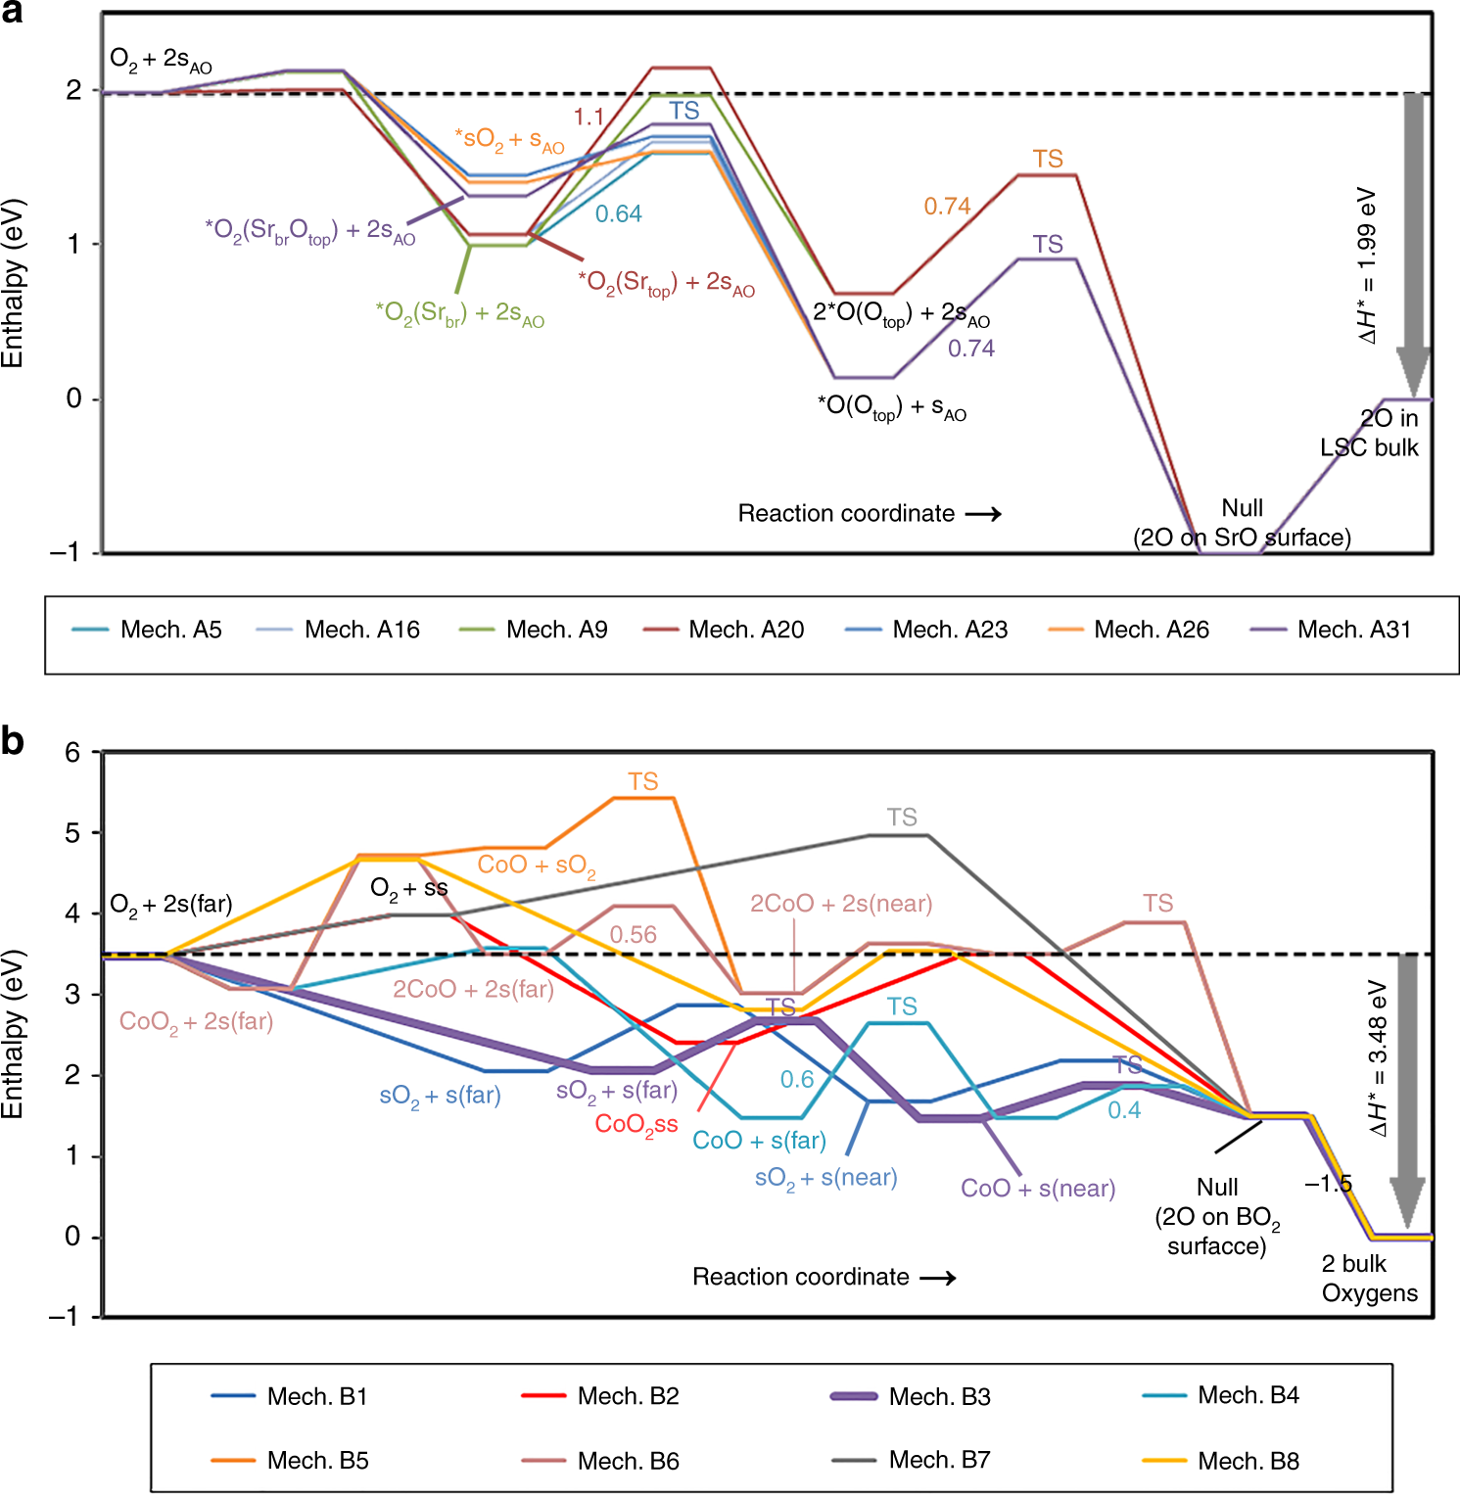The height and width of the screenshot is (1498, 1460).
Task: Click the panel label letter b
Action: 13,741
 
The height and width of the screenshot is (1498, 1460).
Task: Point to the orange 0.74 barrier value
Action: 947,207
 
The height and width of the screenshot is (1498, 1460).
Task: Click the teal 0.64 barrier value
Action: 619,213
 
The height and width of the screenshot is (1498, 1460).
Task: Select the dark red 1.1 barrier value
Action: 589,117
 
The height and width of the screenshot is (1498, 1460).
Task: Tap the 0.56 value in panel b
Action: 634,935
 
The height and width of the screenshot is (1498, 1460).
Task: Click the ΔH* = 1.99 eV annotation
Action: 1367,264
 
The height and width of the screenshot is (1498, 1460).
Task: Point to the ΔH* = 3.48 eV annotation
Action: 1379,1057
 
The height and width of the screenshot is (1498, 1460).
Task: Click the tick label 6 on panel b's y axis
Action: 72,752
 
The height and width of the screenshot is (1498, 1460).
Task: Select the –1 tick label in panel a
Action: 66,552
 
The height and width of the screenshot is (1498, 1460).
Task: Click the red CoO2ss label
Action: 636,1124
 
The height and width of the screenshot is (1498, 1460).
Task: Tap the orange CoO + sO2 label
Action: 537,866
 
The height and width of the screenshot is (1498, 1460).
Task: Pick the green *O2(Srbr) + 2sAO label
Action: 459,313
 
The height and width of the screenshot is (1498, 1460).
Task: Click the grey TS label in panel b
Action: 902,817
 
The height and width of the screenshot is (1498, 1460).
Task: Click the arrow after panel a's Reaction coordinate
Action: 983,514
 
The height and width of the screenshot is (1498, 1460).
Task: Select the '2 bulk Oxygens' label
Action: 1369,1278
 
